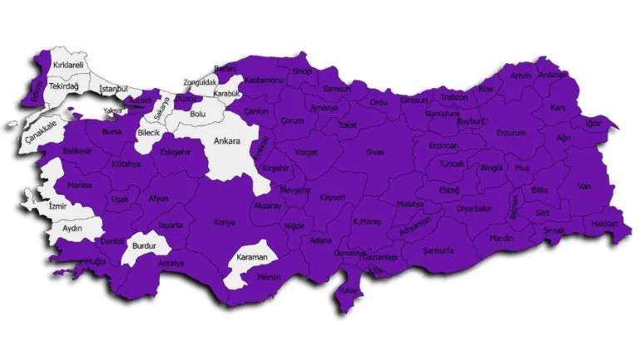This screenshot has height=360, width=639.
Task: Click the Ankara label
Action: [x=226, y=141]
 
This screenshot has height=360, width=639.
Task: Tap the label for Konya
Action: [x=225, y=222]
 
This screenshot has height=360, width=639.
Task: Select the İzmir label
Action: [x=57, y=205]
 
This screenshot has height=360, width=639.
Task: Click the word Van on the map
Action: [x=584, y=186]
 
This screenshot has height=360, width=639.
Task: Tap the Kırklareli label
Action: [x=68, y=64]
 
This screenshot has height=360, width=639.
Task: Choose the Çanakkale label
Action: [x=41, y=124]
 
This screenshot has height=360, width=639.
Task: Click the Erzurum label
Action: [x=512, y=132]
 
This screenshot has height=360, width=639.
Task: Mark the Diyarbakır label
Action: [x=475, y=209]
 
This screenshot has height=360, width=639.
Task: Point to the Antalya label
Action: [x=171, y=264]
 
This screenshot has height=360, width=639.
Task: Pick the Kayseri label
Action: [x=332, y=197]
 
